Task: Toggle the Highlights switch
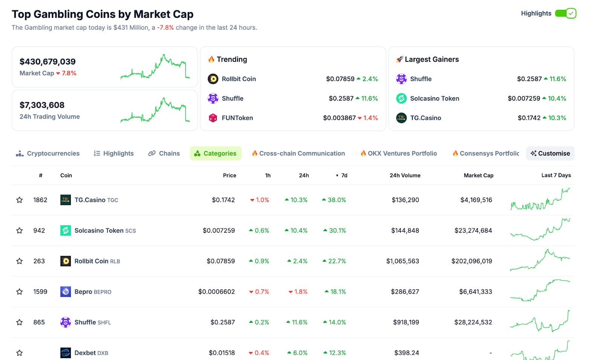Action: [565, 14]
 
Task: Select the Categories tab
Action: [216, 153]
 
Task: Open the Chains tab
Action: [164, 153]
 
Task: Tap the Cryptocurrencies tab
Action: [48, 153]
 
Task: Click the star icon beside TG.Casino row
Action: [20, 200]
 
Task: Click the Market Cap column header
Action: [478, 175]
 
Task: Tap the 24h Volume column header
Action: [405, 175]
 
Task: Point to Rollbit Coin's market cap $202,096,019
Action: [471, 261]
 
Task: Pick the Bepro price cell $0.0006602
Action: [216, 291]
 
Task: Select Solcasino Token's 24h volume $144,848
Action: [405, 230]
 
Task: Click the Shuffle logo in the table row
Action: [66, 322]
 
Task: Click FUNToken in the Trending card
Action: [237, 118]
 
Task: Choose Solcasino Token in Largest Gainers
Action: [434, 98]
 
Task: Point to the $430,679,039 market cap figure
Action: [47, 61]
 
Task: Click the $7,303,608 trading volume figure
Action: [42, 105]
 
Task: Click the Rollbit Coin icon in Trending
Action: [213, 79]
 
